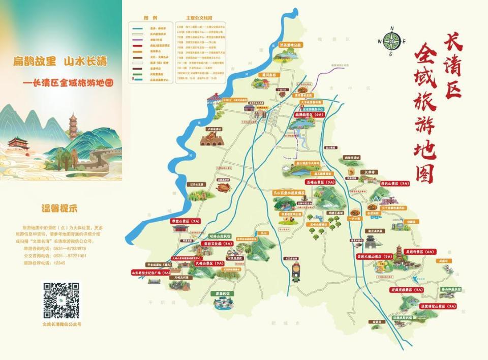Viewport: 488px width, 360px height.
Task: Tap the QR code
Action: coord(61,299)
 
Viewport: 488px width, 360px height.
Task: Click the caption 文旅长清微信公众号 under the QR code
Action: coord(62,323)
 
